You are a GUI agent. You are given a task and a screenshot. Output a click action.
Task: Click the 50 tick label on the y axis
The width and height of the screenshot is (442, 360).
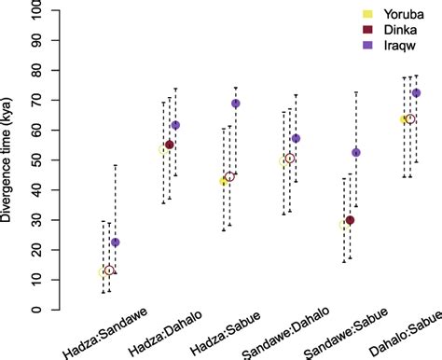point(48,160)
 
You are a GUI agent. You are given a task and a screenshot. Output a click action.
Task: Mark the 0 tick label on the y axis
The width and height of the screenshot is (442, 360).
point(48,310)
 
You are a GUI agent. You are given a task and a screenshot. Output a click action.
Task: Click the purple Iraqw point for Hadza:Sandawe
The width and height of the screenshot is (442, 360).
point(116,242)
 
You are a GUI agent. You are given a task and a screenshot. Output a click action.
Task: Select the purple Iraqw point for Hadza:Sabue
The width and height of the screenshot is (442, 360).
point(236,104)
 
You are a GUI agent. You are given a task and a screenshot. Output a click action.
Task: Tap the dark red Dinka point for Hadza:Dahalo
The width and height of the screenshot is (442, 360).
point(170,145)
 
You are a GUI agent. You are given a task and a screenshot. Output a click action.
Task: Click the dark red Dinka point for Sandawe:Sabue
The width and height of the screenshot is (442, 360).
point(350,220)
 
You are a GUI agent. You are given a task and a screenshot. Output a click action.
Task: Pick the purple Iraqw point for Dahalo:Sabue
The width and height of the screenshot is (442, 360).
point(416,93)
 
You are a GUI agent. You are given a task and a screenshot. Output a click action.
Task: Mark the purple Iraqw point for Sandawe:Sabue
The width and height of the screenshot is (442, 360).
point(356,152)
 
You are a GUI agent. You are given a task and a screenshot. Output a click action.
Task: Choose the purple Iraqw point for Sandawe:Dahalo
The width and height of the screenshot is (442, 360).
point(296,138)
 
